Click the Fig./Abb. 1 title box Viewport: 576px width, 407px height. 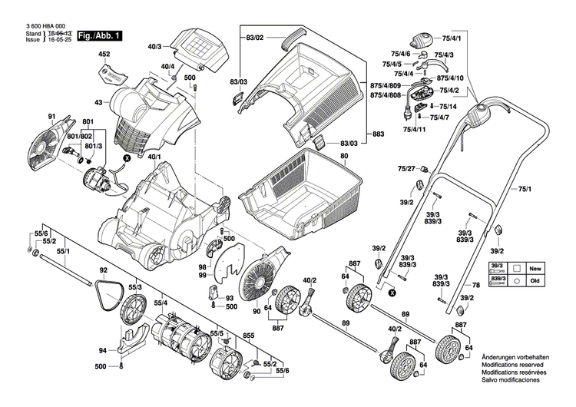(x=99, y=35)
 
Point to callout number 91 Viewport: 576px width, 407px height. (x=52, y=117)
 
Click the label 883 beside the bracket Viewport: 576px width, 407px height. (x=378, y=134)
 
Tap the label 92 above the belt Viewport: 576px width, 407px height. (x=104, y=270)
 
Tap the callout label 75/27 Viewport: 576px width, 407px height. (x=406, y=168)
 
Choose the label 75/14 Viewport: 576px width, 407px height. (x=448, y=106)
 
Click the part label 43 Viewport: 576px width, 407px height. (x=98, y=103)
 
